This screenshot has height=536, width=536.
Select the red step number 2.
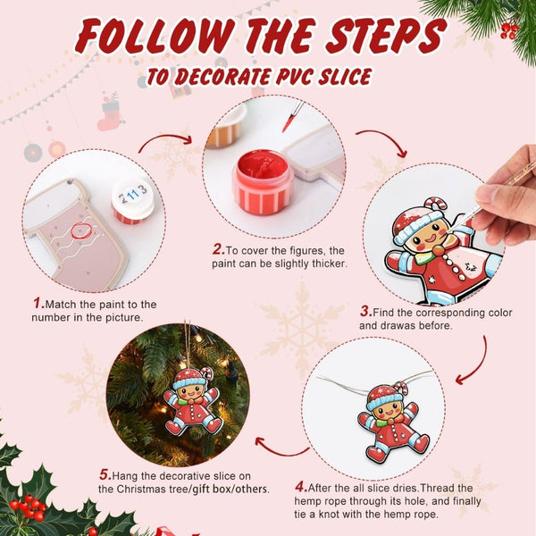click(218, 249)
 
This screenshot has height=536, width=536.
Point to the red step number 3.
click(365, 312)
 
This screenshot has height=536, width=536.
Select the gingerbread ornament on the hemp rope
click(390, 419)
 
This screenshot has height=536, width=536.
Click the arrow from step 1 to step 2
click(167, 140)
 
